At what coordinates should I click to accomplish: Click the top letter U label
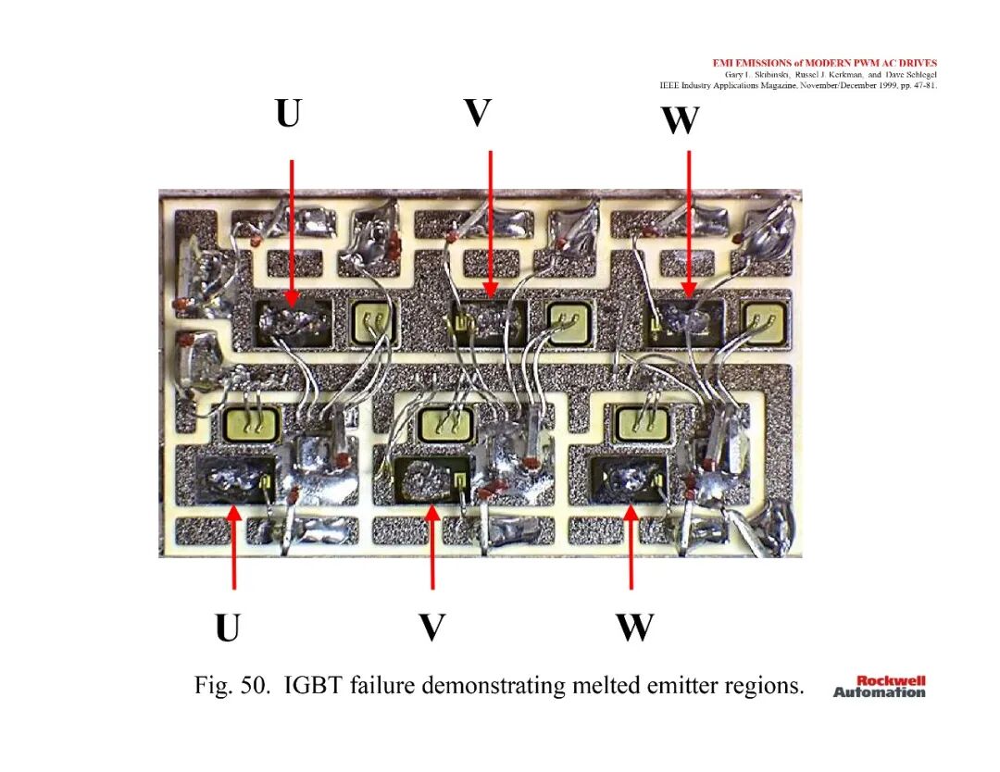(x=288, y=113)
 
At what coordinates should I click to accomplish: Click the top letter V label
(x=478, y=112)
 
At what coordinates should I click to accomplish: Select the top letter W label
(x=681, y=119)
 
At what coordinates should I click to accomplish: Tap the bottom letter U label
(x=228, y=628)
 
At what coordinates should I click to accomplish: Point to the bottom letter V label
(x=431, y=628)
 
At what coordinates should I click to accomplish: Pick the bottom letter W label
(x=634, y=628)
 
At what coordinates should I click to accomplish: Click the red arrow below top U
(x=292, y=233)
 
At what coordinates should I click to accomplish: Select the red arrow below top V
(x=490, y=224)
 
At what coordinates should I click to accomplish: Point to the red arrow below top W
(x=689, y=224)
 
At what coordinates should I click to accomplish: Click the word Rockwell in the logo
(x=891, y=681)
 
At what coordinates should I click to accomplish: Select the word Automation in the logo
(x=879, y=692)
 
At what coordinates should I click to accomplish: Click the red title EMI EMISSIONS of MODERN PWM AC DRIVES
(x=825, y=63)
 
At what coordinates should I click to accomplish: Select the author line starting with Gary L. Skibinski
(x=831, y=75)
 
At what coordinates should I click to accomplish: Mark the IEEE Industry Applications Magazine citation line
(x=798, y=85)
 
